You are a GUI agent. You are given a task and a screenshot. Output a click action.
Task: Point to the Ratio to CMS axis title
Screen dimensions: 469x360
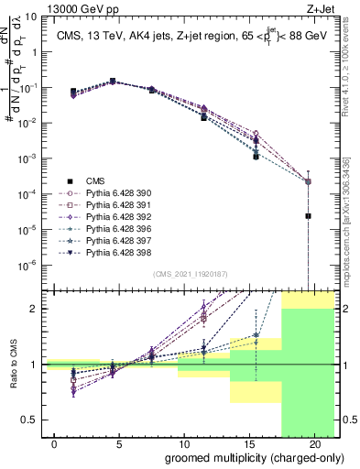click(x=13, y=365)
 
